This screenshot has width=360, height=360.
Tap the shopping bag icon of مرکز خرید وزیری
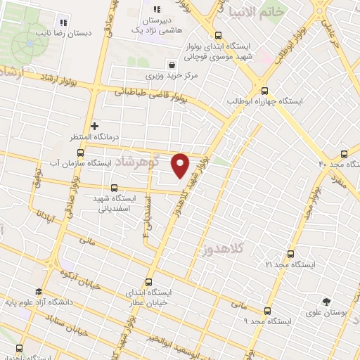click(172, 64)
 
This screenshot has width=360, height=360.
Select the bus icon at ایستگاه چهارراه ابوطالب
click(265, 90)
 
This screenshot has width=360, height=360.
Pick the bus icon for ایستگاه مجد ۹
click(266, 310)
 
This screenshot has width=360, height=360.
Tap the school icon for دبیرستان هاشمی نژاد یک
click(157, 10)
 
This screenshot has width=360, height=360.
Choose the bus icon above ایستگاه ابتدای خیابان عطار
click(148, 280)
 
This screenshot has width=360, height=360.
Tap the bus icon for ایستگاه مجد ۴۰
click(344, 153)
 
